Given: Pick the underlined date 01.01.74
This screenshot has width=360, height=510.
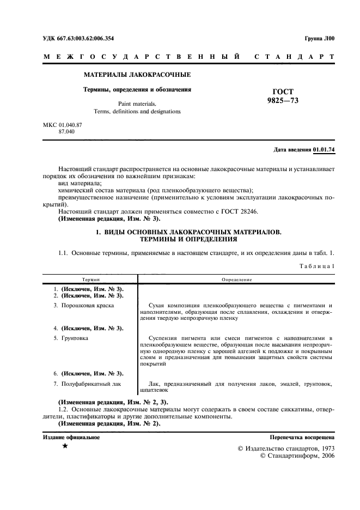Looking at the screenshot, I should [325, 149].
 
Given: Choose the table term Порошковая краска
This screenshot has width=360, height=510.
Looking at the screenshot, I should [87, 306].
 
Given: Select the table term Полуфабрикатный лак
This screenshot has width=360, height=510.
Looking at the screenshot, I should [90, 385].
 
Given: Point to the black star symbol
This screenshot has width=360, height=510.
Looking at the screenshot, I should [65, 446].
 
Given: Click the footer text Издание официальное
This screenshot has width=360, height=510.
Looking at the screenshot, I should [71, 437].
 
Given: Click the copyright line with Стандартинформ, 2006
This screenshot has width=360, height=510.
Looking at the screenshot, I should [298, 456].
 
